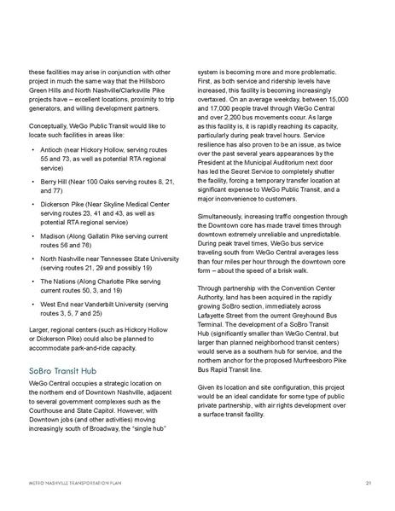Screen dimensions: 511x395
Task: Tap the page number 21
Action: [364, 482]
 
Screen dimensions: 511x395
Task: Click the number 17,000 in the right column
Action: [222, 113]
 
